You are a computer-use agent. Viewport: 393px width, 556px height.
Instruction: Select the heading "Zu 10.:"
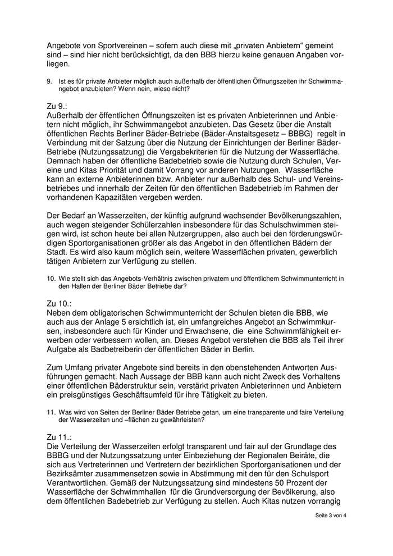point(60,303)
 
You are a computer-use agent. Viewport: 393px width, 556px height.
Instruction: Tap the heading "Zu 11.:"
point(60,436)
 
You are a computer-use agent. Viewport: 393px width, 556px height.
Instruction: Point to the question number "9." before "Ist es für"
point(50,81)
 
